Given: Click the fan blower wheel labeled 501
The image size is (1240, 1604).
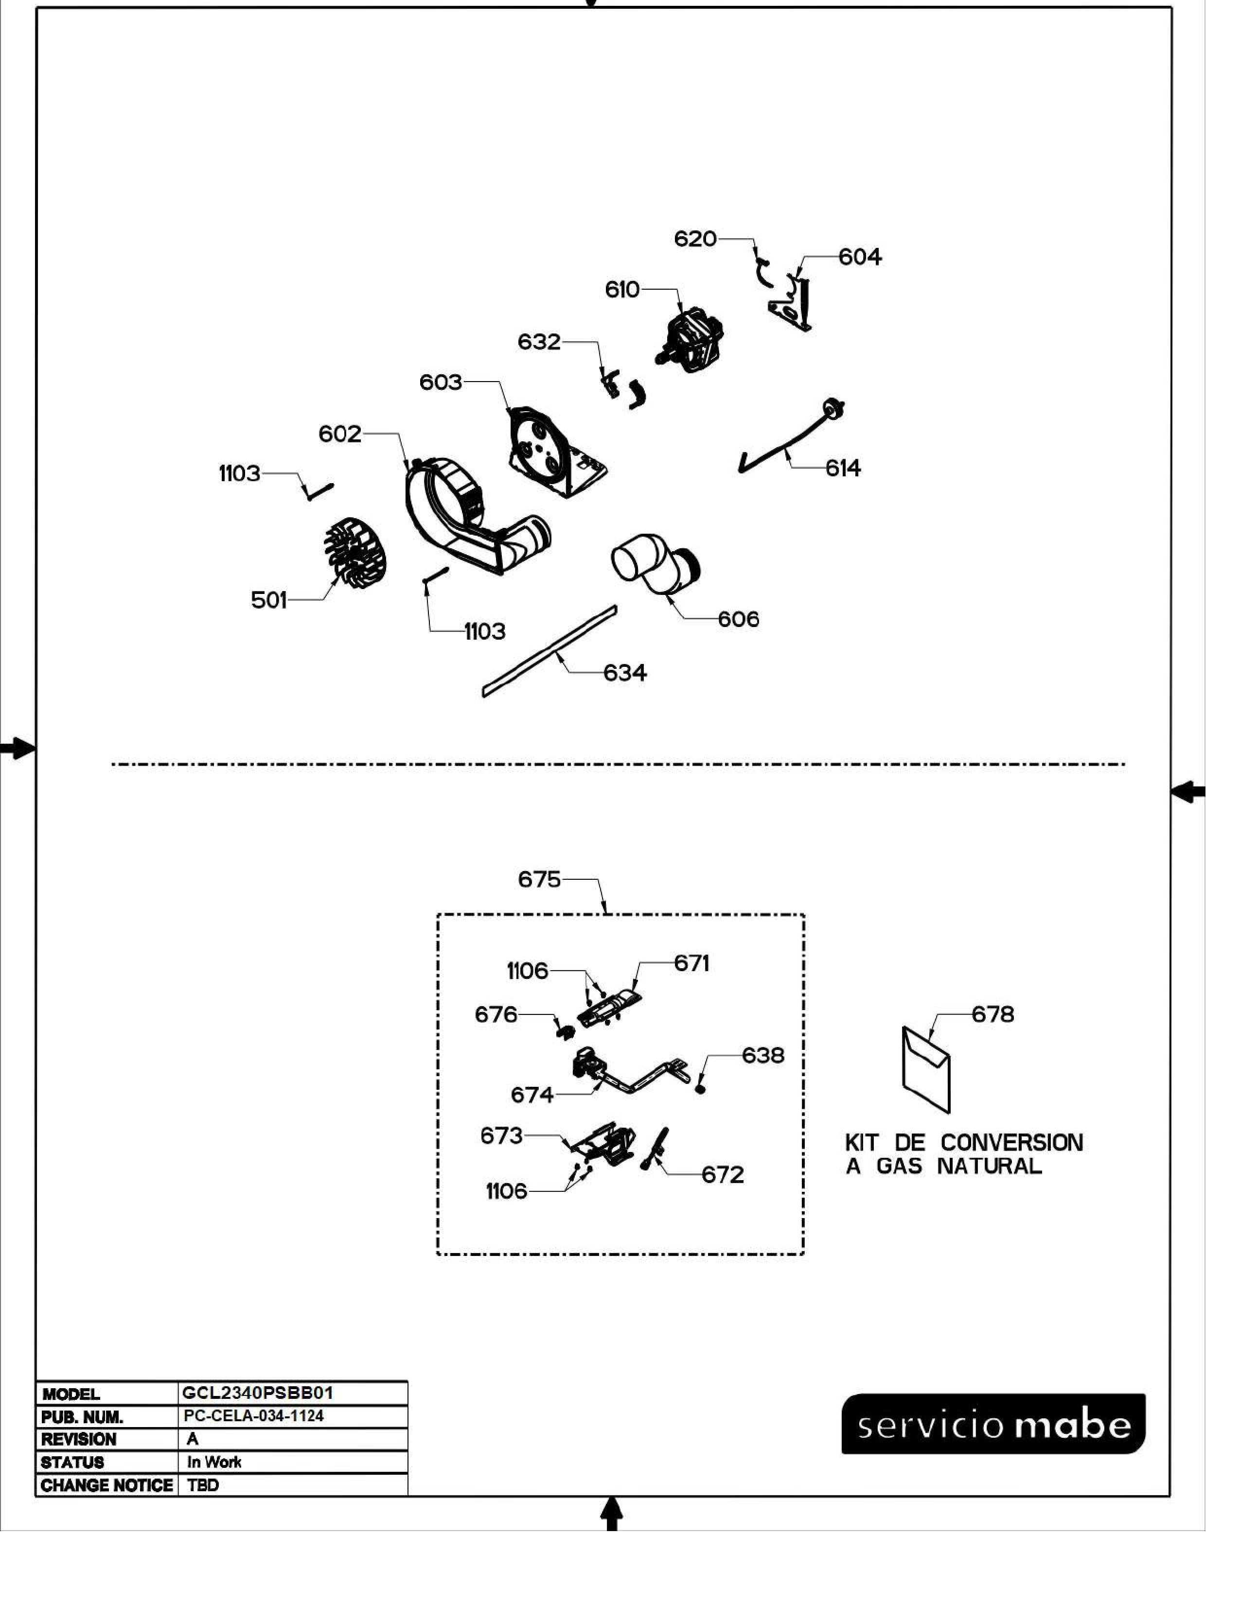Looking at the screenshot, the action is pyautogui.click(x=355, y=552).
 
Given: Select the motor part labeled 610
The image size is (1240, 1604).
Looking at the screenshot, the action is pyautogui.click(x=689, y=339).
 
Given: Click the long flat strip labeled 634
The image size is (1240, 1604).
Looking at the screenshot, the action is pyautogui.click(x=549, y=651).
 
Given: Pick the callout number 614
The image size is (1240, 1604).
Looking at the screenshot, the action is pyautogui.click(x=843, y=468).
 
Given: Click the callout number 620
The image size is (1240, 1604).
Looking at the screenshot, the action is pyautogui.click(x=695, y=239).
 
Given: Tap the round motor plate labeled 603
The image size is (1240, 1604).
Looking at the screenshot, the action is pyautogui.click(x=557, y=452).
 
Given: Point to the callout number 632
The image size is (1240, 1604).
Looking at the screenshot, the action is pyautogui.click(x=539, y=342).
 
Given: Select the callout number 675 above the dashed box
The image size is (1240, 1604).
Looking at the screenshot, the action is pyautogui.click(x=539, y=879).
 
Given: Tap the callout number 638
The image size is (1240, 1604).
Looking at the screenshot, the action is pyautogui.click(x=763, y=1055).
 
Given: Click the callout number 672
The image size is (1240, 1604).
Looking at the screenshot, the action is pyautogui.click(x=723, y=1174).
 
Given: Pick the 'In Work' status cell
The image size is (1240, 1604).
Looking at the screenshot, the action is pyautogui.click(x=214, y=1462).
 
